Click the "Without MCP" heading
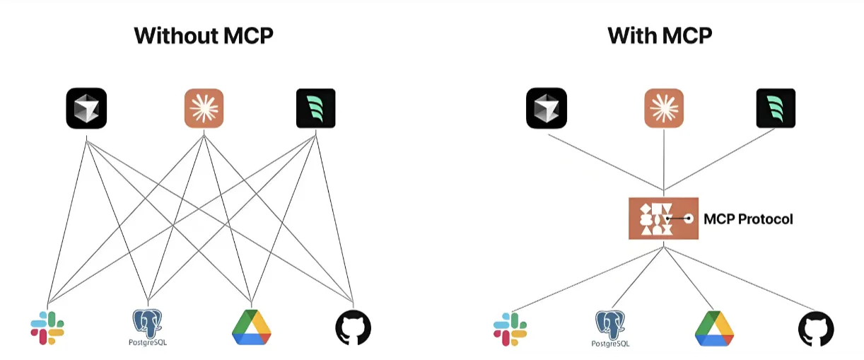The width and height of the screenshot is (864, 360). [204, 35]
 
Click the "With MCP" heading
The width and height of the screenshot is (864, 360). [660, 35]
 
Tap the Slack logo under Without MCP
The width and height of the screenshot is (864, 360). [47, 328]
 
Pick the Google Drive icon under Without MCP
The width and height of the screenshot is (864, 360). [252, 327]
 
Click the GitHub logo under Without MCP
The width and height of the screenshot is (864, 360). [354, 327]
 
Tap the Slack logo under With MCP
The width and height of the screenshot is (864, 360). [510, 329]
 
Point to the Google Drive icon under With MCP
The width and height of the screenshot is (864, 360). [714, 328]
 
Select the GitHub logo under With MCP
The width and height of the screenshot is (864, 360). [816, 329]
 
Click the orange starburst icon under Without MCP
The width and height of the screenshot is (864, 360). [204, 108]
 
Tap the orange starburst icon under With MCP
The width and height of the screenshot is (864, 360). [664, 108]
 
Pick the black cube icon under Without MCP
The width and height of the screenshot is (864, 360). [86, 108]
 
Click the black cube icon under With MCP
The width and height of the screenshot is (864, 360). [547, 108]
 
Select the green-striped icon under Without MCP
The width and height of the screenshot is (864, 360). [316, 108]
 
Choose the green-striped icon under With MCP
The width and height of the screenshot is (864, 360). [776, 108]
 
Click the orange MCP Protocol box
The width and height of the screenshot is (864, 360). [663, 219]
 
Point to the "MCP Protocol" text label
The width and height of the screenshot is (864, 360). [748, 219]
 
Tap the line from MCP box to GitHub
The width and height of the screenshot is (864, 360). [740, 279]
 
